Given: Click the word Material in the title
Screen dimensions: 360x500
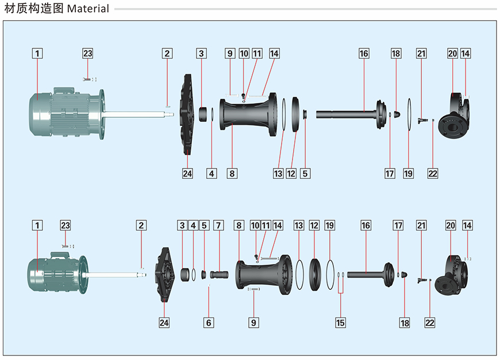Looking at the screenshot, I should (x=88, y=9).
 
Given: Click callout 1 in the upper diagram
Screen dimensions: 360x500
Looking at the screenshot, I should (x=37, y=53).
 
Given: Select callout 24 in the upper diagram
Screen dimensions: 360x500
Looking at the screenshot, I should (x=187, y=173).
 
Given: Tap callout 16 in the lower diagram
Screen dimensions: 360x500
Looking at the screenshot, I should (x=366, y=225).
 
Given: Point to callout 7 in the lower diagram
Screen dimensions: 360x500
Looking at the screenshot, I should (x=218, y=225).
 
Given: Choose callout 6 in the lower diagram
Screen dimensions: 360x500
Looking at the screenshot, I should (x=209, y=323).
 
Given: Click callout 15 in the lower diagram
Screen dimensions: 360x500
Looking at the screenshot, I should (x=341, y=323).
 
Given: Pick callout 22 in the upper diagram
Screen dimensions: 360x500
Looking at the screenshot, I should (x=433, y=173).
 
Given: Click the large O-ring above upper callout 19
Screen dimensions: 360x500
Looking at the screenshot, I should (x=409, y=114).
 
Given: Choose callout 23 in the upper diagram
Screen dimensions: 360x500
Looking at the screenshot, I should (x=87, y=53).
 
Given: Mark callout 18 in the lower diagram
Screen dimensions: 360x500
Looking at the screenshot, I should (x=405, y=323).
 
